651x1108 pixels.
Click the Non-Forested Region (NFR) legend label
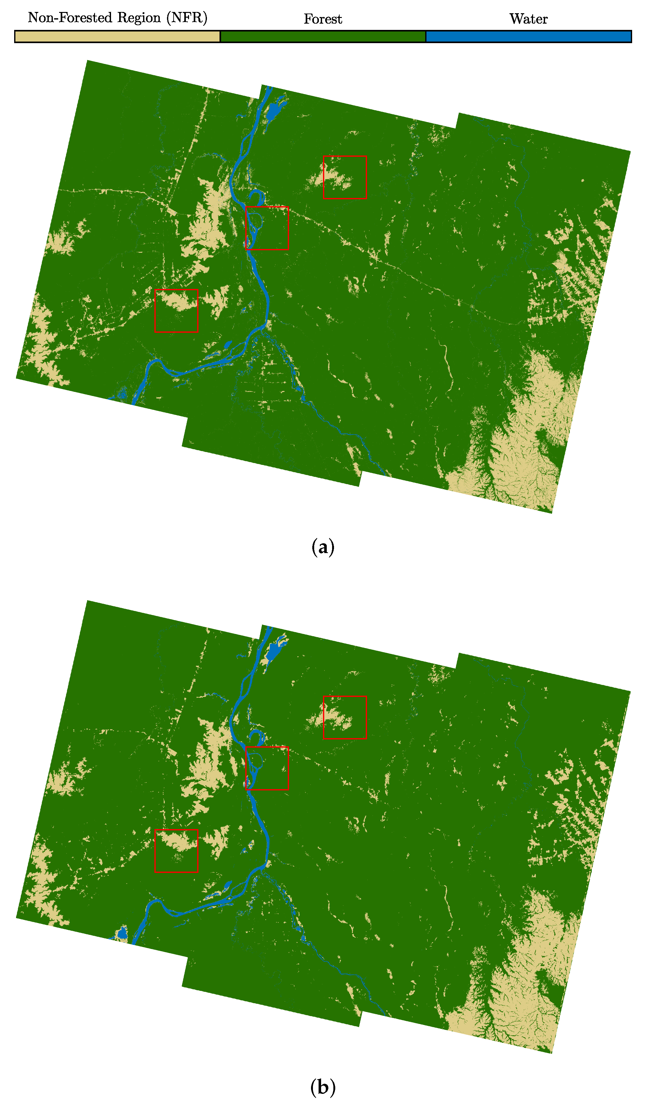pos(117,18)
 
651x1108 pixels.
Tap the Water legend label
pos(528,19)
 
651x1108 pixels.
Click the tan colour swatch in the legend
pos(117,37)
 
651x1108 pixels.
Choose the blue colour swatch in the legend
pos(528,37)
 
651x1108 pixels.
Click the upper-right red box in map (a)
pos(345,177)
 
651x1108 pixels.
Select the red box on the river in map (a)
pos(267,228)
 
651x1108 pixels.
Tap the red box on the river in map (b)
pos(267,768)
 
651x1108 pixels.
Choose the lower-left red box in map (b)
pos(176,851)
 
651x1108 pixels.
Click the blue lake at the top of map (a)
pos(275,110)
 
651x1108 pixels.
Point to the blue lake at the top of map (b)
pos(275,650)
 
